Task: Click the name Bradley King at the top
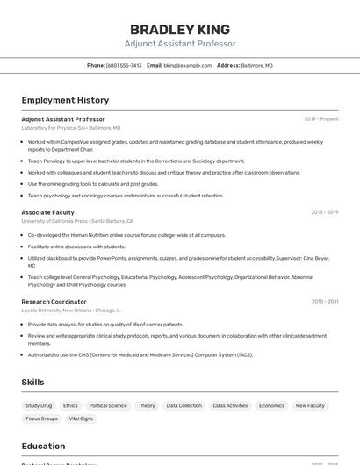(x=180, y=30)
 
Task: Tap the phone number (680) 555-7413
(x=123, y=66)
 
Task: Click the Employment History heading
(x=65, y=101)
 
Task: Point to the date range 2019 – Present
(x=321, y=119)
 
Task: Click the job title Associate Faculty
(x=47, y=212)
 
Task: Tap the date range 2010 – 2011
(x=324, y=301)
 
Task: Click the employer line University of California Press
(x=77, y=222)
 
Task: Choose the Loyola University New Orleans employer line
(x=71, y=311)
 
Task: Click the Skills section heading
(x=33, y=383)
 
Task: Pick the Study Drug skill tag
(x=39, y=406)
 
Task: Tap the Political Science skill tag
(x=108, y=406)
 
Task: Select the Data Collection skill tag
(x=184, y=406)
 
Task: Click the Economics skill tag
(x=271, y=406)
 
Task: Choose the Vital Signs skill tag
(x=81, y=418)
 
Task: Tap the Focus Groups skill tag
(x=41, y=418)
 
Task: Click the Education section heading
(x=44, y=446)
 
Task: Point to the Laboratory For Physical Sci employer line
(x=71, y=128)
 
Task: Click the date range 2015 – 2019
(x=324, y=212)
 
